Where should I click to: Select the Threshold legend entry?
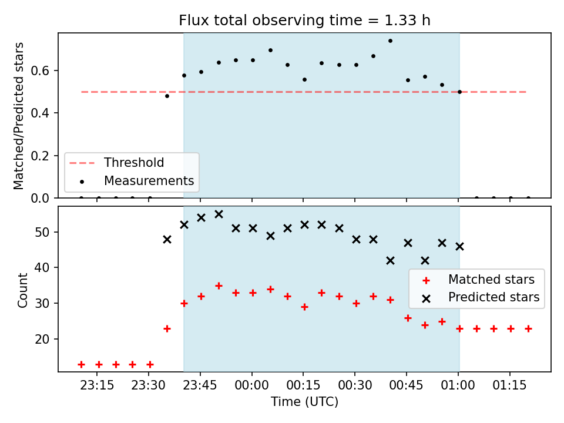(116, 163)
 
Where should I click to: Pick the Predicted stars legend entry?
(481, 297)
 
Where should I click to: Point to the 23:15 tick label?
(97, 385)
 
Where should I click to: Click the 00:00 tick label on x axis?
(251, 385)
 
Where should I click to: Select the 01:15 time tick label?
(509, 385)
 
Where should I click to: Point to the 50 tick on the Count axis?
(42, 232)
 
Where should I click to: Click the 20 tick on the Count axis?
(42, 339)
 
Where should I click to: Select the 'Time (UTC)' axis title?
(305, 402)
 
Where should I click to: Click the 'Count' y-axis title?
(22, 290)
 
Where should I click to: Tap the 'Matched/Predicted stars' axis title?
(18, 116)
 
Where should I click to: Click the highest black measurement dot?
(390, 41)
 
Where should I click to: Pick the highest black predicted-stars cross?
(219, 214)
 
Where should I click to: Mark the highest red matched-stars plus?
(219, 286)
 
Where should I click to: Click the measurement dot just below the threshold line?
(167, 96)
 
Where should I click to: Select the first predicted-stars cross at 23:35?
(167, 240)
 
